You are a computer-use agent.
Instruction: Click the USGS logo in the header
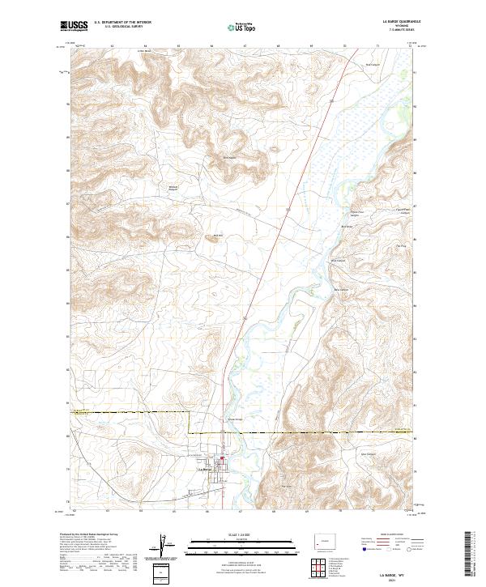pyautogui.click(x=74, y=28)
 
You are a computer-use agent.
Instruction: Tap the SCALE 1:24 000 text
pyautogui.click(x=242, y=535)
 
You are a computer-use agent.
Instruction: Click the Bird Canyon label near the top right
pyautogui.click(x=373, y=65)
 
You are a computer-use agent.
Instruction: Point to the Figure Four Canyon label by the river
pyautogui.click(x=354, y=212)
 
